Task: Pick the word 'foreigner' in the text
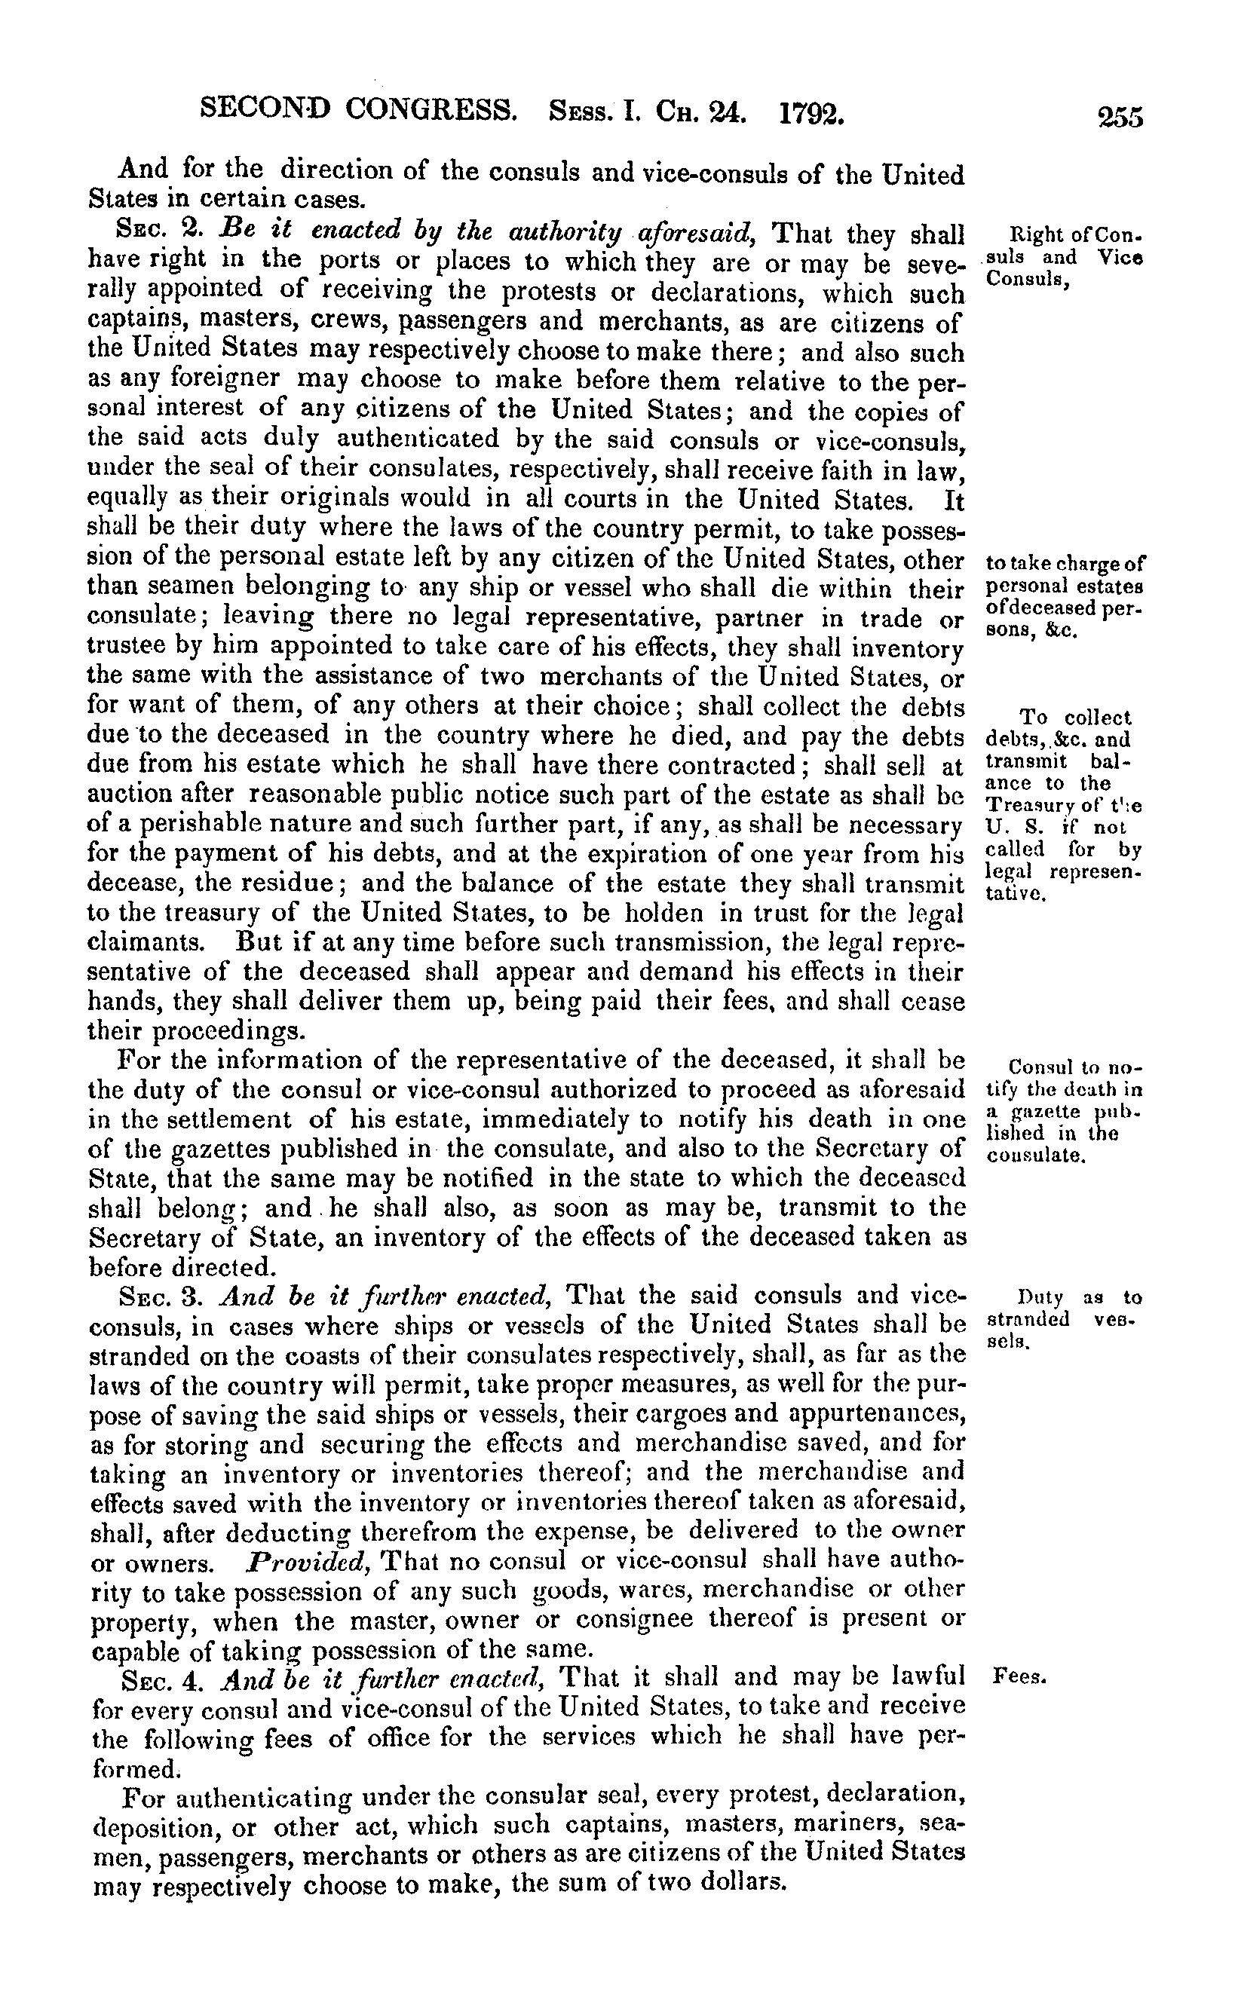pyautogui.click(x=216, y=381)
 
